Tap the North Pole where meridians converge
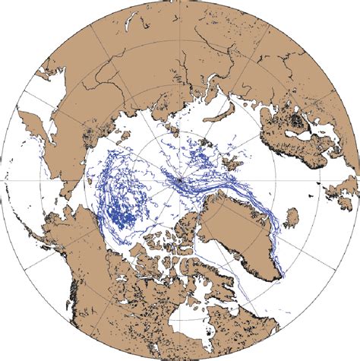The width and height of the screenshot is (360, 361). pyautogui.click(x=180, y=180)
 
